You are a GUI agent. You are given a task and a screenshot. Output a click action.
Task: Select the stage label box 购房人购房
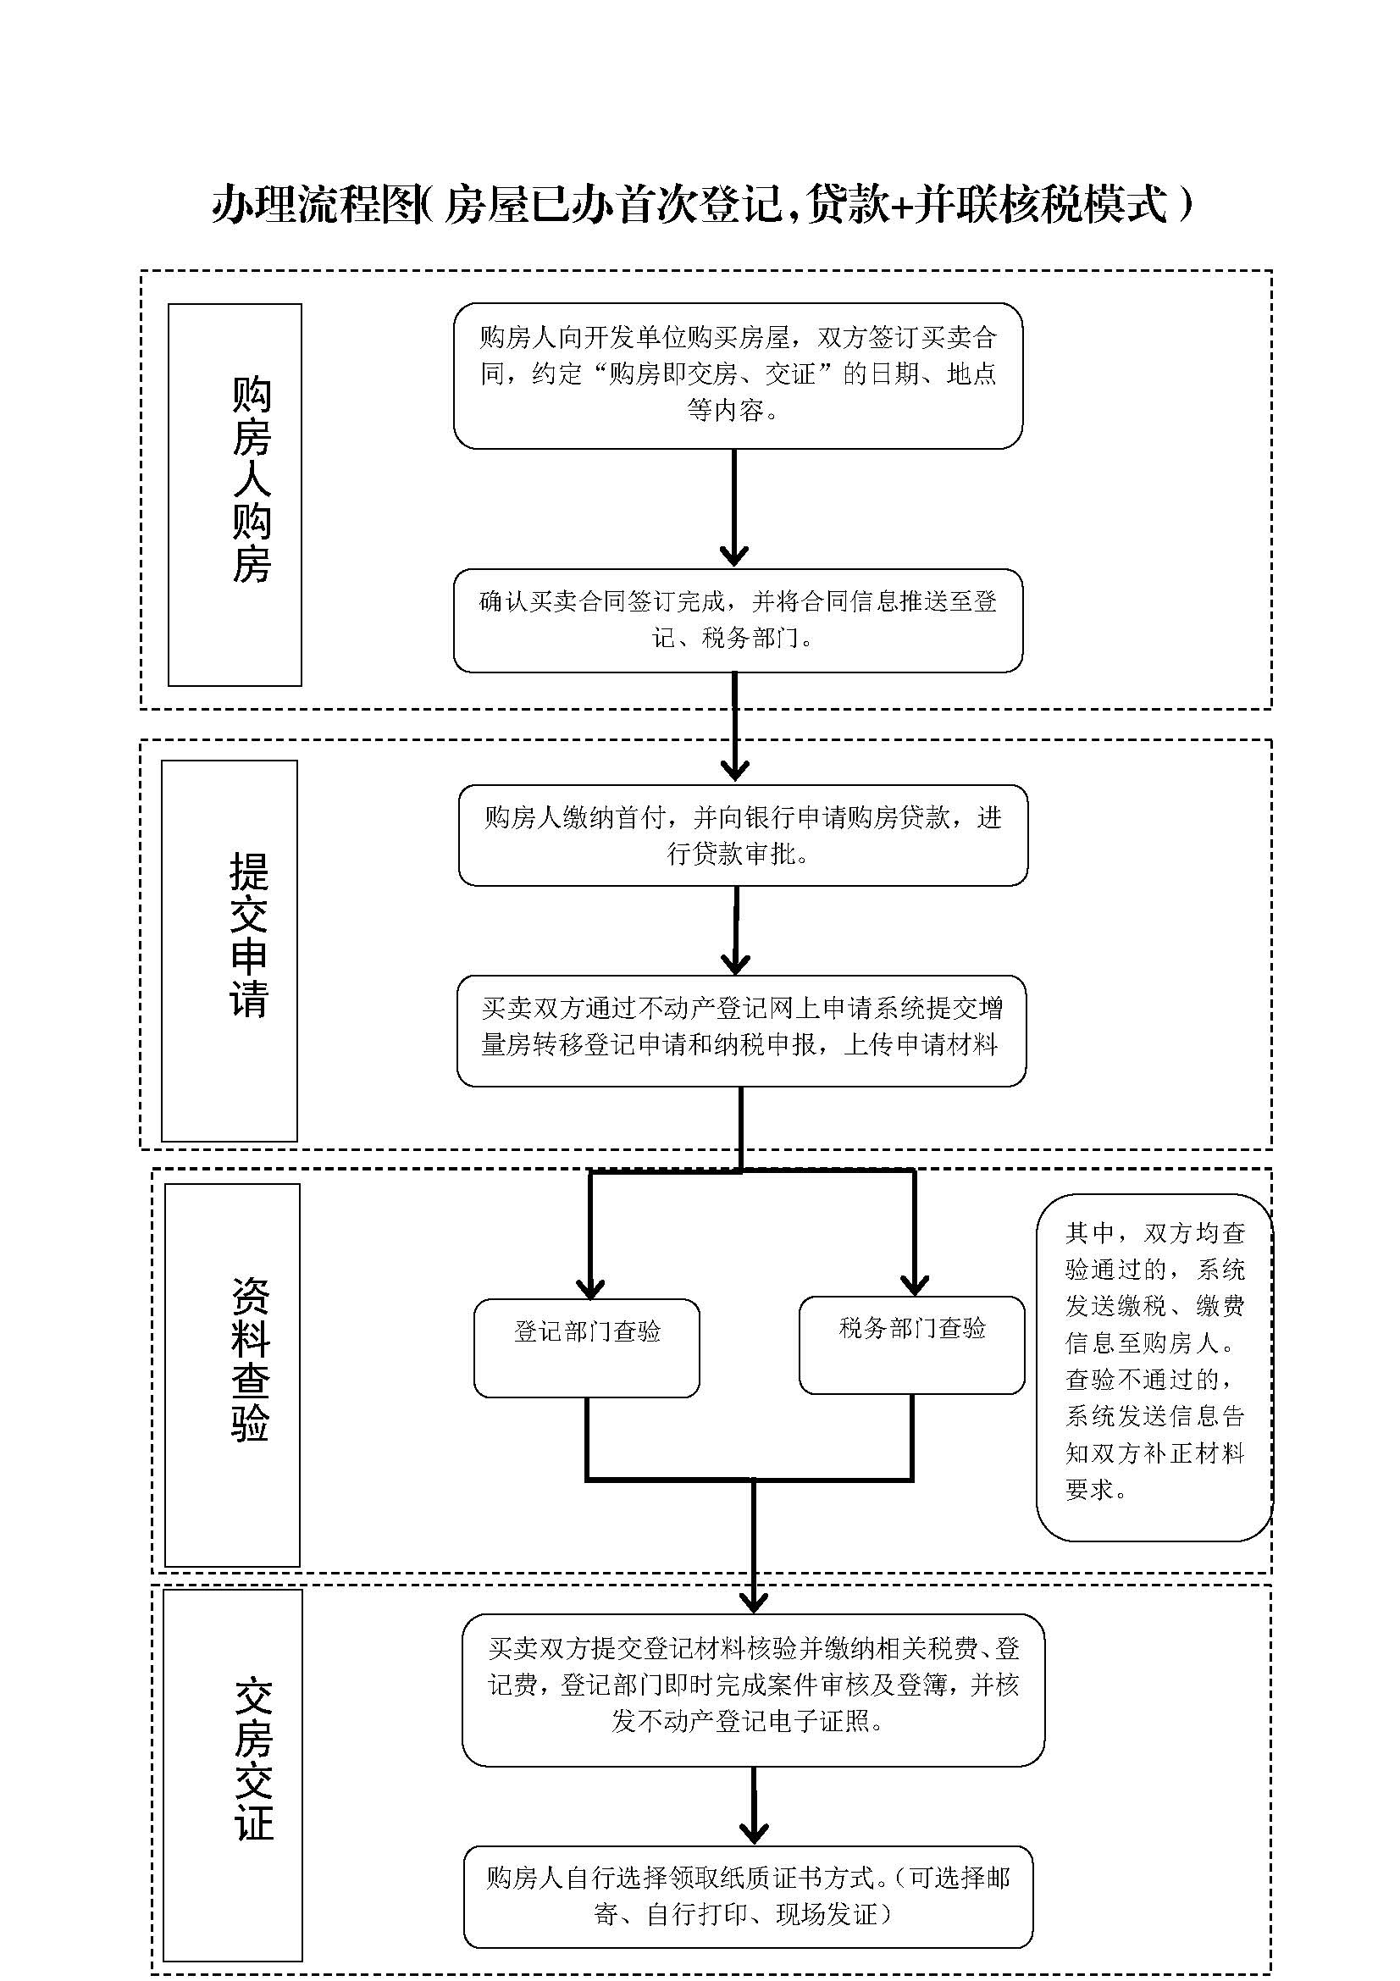coord(235,495)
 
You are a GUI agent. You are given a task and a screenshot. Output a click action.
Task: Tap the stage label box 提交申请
coord(230,950)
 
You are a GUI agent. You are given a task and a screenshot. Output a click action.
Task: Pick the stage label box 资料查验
coord(232,1375)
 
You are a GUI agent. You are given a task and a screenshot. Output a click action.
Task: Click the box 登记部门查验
coord(587,1347)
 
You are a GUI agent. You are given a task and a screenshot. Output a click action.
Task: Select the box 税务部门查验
coord(912,1344)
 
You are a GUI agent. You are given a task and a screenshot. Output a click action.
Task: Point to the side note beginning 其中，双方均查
coord(1154,1366)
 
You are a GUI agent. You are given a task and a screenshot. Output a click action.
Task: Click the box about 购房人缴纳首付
coord(743,835)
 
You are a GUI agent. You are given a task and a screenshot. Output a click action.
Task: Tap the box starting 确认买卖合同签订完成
coord(739,619)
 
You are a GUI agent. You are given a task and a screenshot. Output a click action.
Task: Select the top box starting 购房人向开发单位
coord(739,374)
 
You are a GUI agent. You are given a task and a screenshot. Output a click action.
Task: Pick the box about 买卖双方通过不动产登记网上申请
coord(741,1030)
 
